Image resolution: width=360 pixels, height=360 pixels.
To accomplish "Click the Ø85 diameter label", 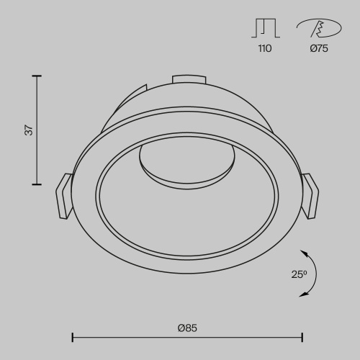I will point(187,328).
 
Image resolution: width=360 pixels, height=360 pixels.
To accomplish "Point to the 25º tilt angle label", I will point(300,274).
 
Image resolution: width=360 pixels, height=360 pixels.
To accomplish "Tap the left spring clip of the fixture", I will point(63,195).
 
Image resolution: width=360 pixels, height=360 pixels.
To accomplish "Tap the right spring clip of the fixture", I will point(311,194).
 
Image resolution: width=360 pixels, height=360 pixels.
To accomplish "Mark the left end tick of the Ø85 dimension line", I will point(73,336).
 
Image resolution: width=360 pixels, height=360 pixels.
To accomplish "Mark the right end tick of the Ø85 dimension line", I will point(302,336).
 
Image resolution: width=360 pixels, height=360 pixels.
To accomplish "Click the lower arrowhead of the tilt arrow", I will point(303,294).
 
